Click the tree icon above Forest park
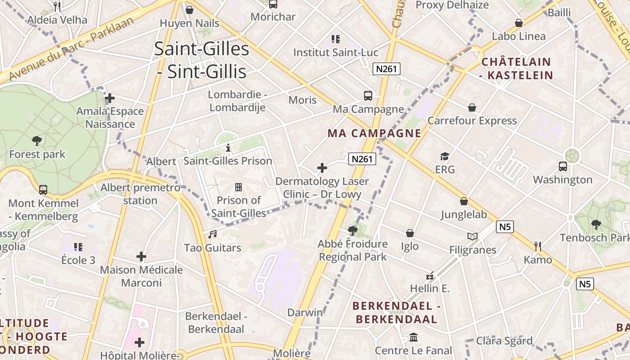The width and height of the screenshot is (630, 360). [x=37, y=141]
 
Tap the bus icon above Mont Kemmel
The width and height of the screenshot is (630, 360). [x=43, y=189]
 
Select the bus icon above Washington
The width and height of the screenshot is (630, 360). [x=562, y=166]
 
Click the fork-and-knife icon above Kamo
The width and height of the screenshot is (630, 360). [x=537, y=246]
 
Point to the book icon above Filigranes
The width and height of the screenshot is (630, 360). [x=472, y=236]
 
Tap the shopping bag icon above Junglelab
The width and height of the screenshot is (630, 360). [x=463, y=201]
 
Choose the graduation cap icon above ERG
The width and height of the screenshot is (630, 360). [x=445, y=156]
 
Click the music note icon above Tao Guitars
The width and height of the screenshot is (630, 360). [x=212, y=234]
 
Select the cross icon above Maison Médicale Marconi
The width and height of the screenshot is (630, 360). [x=141, y=256]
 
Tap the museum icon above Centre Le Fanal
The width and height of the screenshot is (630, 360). [x=413, y=337]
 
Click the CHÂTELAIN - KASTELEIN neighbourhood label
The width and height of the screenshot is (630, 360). [x=516, y=68]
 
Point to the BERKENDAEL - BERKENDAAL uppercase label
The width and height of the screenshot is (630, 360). [x=396, y=313]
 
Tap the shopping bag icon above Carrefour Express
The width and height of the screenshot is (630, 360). [x=472, y=108]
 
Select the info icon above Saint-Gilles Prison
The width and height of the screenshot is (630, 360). [x=228, y=148]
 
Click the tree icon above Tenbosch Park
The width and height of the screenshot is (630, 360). [x=596, y=224]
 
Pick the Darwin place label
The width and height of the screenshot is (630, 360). [x=305, y=312]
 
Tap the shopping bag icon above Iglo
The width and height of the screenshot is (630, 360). [x=409, y=233]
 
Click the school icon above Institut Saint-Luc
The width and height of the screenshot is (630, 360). [x=336, y=39]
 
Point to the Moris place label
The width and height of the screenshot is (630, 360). [x=302, y=99]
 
